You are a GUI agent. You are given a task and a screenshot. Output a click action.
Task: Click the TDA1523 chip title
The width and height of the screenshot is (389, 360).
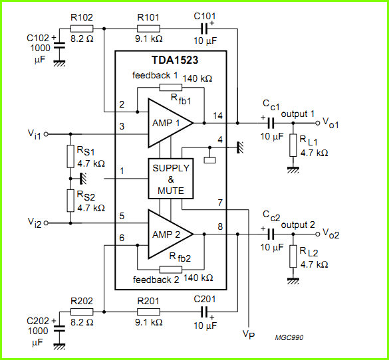[175, 60]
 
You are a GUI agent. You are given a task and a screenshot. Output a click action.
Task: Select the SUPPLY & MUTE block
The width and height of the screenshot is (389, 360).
[171, 179]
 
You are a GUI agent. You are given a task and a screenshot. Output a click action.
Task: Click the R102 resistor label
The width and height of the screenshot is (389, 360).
[82, 17]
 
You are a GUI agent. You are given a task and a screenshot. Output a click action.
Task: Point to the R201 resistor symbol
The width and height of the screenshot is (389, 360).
[148, 312]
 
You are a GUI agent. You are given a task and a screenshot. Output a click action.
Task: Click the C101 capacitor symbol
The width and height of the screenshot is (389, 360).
[204, 29]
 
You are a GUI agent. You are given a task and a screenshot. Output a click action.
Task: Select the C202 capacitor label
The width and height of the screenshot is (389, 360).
[38, 321]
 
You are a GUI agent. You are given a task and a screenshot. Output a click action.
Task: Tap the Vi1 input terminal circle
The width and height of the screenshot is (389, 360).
[46, 134]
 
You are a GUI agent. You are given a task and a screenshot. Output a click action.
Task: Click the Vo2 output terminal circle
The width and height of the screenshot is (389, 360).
[318, 234]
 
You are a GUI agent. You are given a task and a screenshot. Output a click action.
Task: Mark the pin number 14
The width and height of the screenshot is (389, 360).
[217, 116]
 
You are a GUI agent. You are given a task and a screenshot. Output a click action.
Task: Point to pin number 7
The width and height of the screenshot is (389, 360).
[220, 203]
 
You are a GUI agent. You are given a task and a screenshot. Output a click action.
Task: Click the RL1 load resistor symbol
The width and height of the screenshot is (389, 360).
[293, 145]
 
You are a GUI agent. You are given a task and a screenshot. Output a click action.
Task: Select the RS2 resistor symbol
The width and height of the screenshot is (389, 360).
[70, 201]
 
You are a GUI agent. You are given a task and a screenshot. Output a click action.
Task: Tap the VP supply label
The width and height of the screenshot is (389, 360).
[249, 335]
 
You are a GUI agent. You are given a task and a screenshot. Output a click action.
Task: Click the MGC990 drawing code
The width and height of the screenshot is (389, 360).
[289, 337]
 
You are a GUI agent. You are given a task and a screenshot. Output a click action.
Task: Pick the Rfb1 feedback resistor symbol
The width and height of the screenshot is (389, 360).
[171, 88]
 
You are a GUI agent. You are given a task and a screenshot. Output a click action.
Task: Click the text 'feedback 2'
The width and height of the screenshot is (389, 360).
[156, 280]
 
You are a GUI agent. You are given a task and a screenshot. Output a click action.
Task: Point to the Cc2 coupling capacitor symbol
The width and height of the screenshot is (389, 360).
[271, 234]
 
